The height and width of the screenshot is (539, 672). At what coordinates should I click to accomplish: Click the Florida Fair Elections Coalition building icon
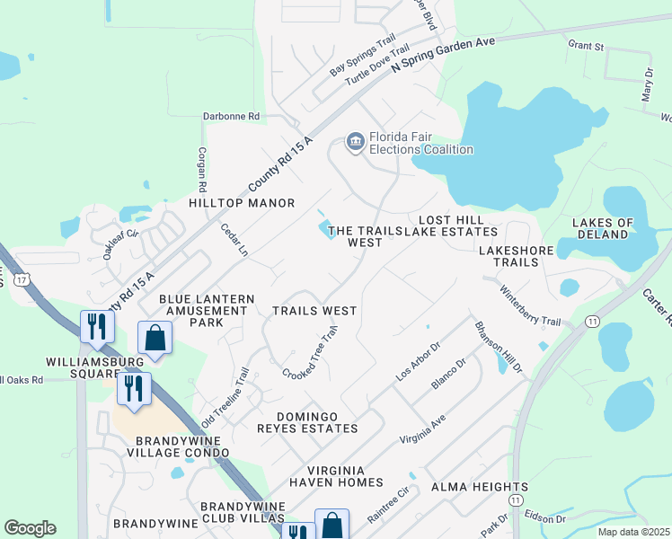tap(355, 142)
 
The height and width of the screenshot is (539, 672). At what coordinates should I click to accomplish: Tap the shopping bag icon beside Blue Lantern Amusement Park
tap(155, 339)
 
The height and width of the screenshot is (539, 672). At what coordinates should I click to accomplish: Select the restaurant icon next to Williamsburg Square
tap(97, 326)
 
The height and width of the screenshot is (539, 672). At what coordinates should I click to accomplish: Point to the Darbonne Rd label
tap(229, 116)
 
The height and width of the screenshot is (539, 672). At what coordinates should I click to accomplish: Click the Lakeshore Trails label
tap(521, 255)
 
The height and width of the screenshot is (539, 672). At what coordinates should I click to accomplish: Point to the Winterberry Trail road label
tap(529, 307)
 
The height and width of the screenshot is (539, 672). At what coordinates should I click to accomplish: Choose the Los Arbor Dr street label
tap(419, 359)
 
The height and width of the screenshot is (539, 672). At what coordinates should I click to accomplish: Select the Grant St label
tap(585, 43)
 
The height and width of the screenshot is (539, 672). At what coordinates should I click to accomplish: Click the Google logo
tap(30, 528)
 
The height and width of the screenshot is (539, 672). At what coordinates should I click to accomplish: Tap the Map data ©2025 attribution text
tap(633, 532)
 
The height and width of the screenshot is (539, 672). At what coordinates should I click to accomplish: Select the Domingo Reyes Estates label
tap(317, 422)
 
